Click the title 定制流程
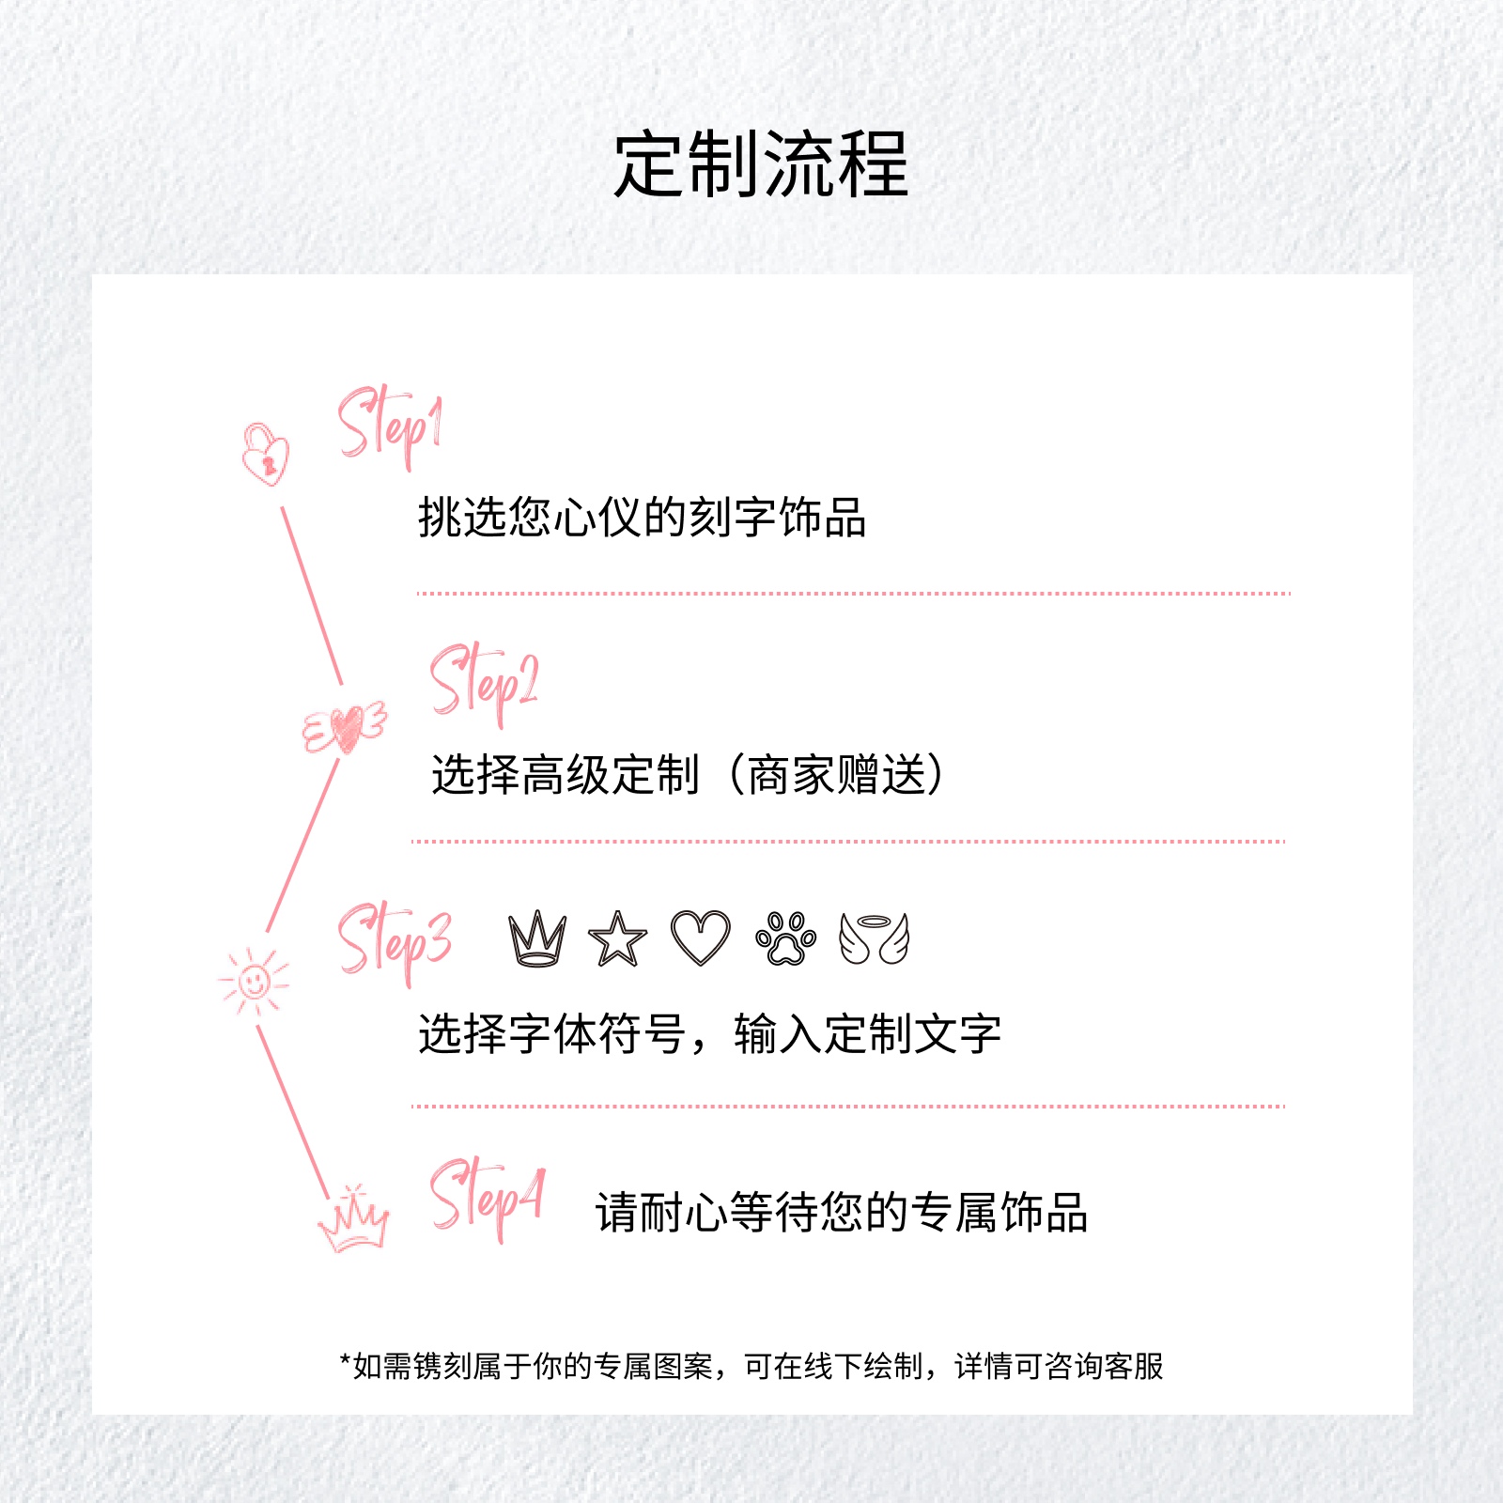(x=761, y=165)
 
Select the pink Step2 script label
(x=484, y=684)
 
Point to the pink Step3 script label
(x=395, y=942)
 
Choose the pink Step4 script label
(x=487, y=1200)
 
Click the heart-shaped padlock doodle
(x=266, y=455)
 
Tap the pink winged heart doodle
(x=345, y=727)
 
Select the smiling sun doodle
(x=254, y=982)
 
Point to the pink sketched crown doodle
(x=353, y=1218)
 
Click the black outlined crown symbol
(x=537, y=938)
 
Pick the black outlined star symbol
(x=617, y=939)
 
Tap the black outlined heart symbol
(x=701, y=937)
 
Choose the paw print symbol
(x=786, y=938)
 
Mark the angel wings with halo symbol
(x=875, y=938)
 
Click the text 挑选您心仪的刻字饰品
(x=642, y=517)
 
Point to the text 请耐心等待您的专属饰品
(x=842, y=1212)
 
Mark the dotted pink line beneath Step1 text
(x=853, y=594)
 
